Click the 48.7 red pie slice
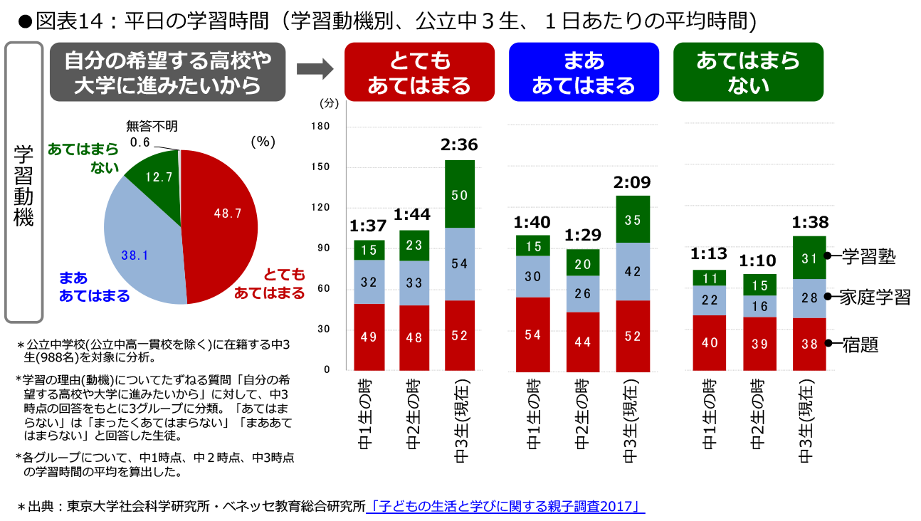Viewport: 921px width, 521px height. [221, 221]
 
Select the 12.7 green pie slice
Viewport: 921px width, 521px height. [154, 174]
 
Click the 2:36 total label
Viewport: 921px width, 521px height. [459, 144]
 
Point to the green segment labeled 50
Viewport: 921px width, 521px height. [460, 194]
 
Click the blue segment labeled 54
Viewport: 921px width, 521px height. [460, 264]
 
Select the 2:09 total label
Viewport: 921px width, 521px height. [632, 181]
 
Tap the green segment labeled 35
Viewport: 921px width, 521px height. [633, 220]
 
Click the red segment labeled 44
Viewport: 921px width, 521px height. [583, 342]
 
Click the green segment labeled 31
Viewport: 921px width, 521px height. [809, 258]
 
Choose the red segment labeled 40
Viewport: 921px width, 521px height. [710, 342]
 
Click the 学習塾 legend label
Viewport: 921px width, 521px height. [868, 256]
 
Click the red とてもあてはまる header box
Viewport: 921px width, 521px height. [419, 72]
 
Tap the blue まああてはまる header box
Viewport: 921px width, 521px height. [583, 72]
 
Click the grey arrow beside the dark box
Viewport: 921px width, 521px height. [314, 70]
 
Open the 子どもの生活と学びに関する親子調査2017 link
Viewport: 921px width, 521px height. [505, 507]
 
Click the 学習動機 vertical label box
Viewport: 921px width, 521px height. [24, 181]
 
